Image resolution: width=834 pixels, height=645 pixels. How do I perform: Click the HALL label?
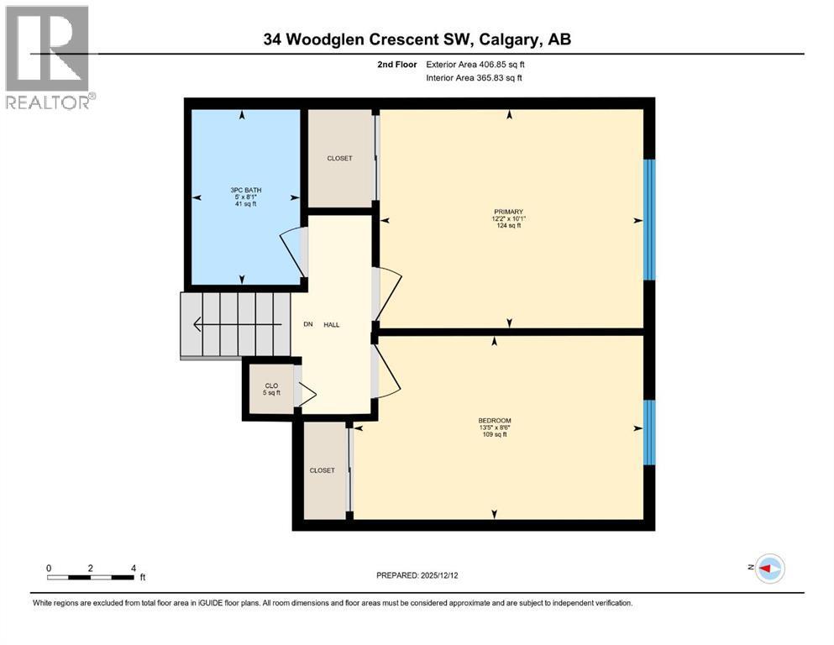tap(332, 325)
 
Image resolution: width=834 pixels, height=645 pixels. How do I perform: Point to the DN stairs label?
tap(308, 325)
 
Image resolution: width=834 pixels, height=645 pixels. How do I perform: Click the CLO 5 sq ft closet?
tap(270, 388)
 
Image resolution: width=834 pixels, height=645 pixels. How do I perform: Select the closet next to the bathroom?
tap(339, 159)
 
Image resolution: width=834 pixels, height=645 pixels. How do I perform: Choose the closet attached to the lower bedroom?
tap(322, 470)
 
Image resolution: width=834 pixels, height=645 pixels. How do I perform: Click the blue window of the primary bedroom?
tap(648, 219)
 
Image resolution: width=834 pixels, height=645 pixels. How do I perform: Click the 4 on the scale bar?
tap(134, 569)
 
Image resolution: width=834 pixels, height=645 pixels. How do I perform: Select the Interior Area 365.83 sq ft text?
tap(475, 78)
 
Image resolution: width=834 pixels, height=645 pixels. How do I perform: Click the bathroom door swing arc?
tap(290, 252)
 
